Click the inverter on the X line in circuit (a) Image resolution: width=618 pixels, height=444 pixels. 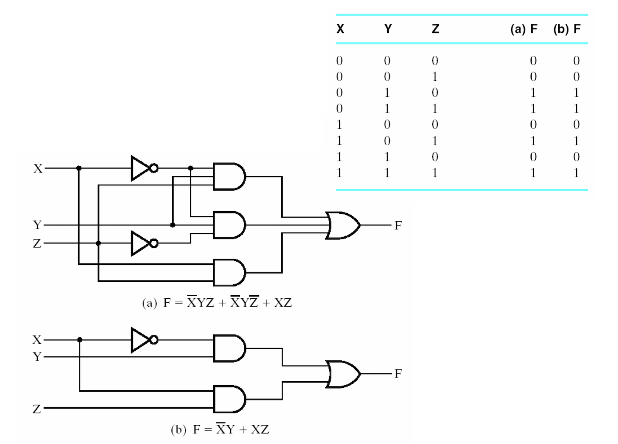click(142, 168)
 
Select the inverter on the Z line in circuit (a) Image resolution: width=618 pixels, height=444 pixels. click(142, 243)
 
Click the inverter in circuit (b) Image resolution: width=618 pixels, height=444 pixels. click(142, 340)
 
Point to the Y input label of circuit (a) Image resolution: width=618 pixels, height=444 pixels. click(38, 225)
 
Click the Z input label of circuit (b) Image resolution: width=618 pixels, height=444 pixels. click(37, 409)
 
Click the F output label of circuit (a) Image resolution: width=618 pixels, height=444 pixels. click(398, 225)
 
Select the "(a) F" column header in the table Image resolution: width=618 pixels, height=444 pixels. click(524, 29)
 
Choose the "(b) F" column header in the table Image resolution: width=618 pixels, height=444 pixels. click(567, 29)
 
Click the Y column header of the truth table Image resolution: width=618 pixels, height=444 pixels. click(388, 29)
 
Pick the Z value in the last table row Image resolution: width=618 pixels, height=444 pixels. click(434, 173)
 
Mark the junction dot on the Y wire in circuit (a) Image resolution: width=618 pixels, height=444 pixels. click(173, 225)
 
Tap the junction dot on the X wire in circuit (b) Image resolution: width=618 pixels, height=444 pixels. click(79, 340)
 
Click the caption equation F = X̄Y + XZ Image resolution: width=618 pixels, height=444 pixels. click(220, 430)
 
